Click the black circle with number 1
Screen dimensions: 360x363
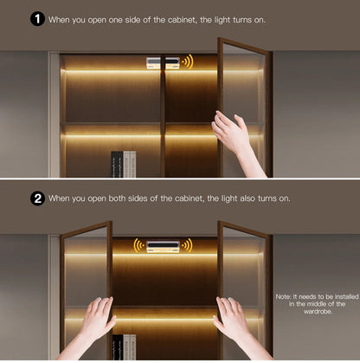point(37,19)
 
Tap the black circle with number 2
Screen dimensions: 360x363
point(37,198)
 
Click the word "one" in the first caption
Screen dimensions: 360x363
point(115,20)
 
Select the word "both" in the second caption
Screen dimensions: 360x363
point(118,198)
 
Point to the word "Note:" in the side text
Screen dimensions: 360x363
point(284,296)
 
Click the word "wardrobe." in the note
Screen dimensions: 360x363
point(318,311)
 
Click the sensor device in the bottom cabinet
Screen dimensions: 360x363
point(163,246)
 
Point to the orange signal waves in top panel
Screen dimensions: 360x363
point(188,62)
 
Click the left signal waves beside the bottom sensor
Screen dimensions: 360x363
point(139,245)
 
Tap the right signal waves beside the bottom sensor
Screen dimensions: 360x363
point(187,245)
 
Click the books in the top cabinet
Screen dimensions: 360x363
point(124,164)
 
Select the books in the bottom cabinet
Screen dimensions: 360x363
point(124,347)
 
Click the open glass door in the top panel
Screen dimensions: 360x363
point(245,107)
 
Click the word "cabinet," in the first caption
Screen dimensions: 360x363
point(183,20)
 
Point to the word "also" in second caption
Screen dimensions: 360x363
point(247,198)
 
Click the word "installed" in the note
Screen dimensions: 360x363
point(347,296)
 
